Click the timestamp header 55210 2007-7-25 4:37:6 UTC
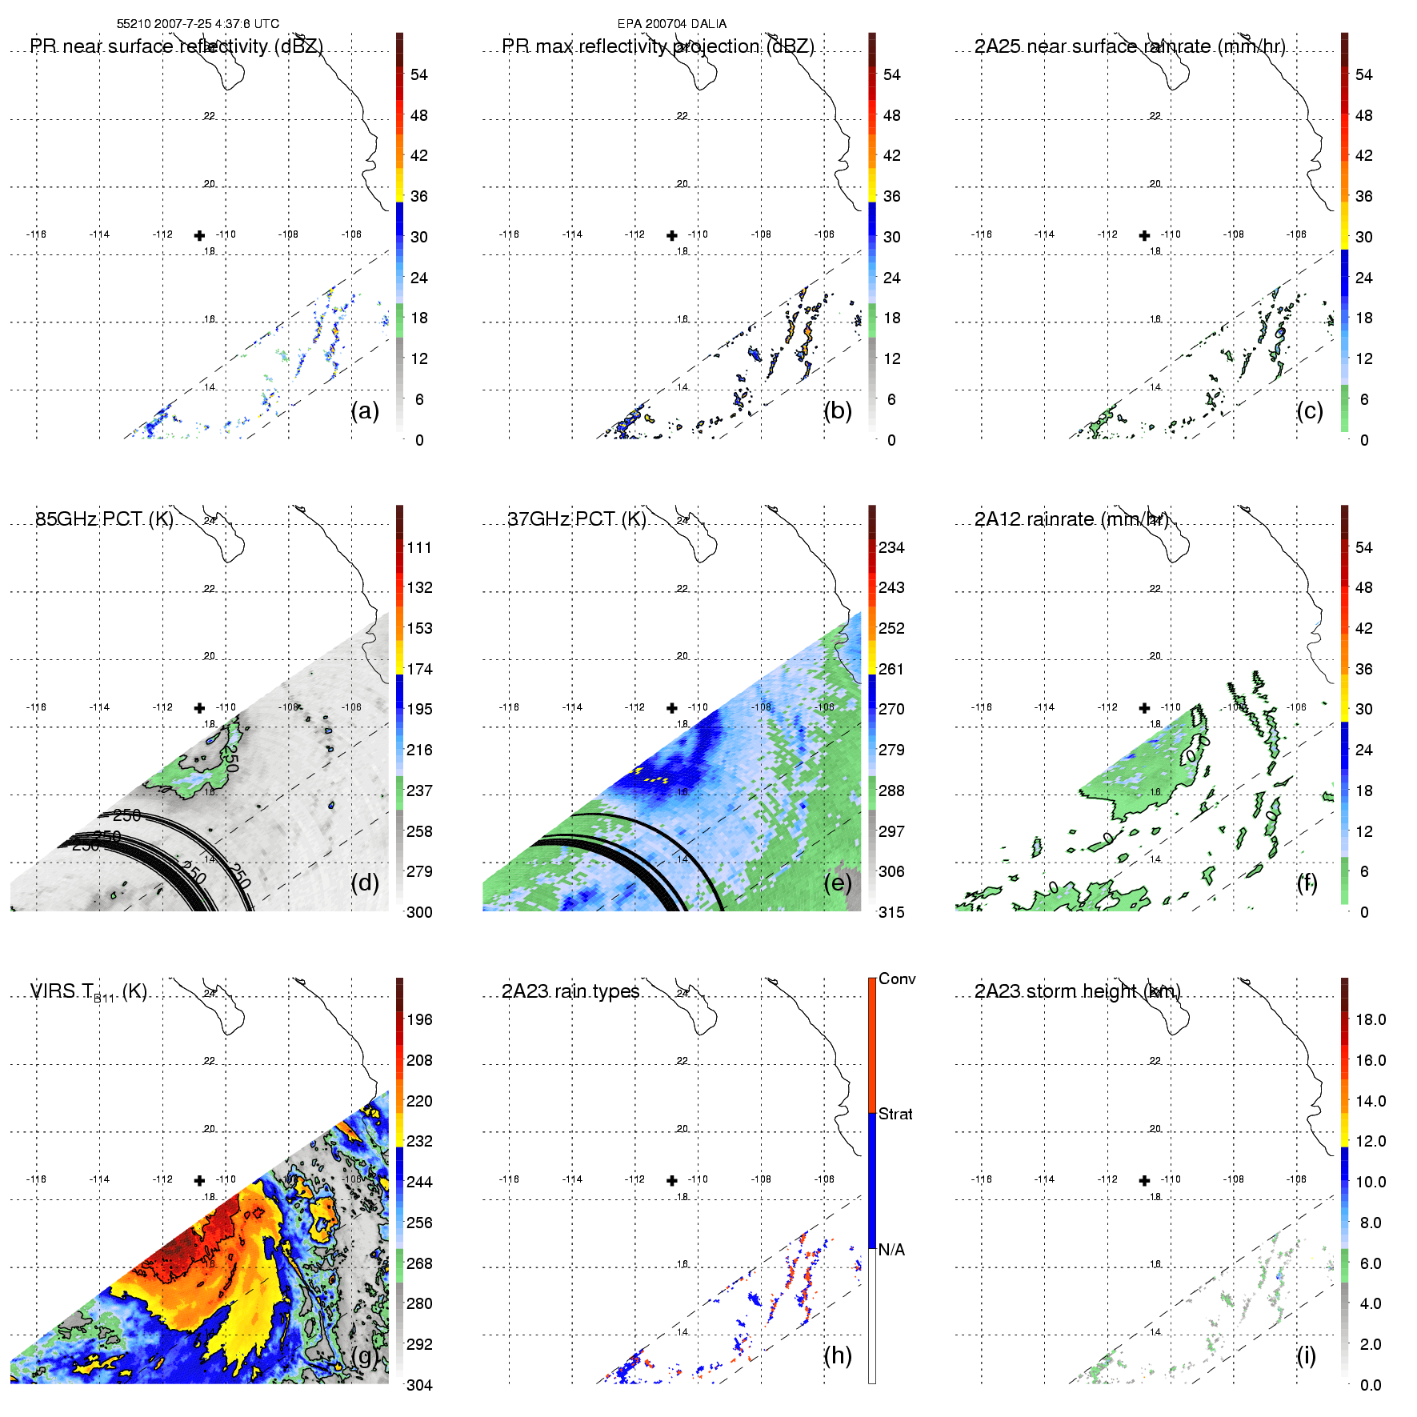point(198,24)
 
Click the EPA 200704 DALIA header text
point(671,24)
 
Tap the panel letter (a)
point(365,410)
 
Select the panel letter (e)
point(838,883)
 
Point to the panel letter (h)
point(838,1355)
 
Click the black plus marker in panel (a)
point(199,235)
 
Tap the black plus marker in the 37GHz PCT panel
point(672,708)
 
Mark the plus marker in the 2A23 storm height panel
point(1144,1180)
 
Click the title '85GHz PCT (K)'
point(104,519)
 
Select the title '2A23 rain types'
point(570,991)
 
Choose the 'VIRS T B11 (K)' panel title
point(88,992)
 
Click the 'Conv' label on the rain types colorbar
point(897,979)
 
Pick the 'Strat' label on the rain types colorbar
point(895,1114)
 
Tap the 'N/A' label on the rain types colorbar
point(891,1250)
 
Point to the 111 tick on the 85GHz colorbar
point(419,548)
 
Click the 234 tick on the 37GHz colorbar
point(891,548)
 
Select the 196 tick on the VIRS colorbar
point(419,1020)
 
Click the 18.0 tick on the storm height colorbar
point(1371,1020)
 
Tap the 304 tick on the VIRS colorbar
point(419,1385)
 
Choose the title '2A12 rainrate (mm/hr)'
point(1071,519)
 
